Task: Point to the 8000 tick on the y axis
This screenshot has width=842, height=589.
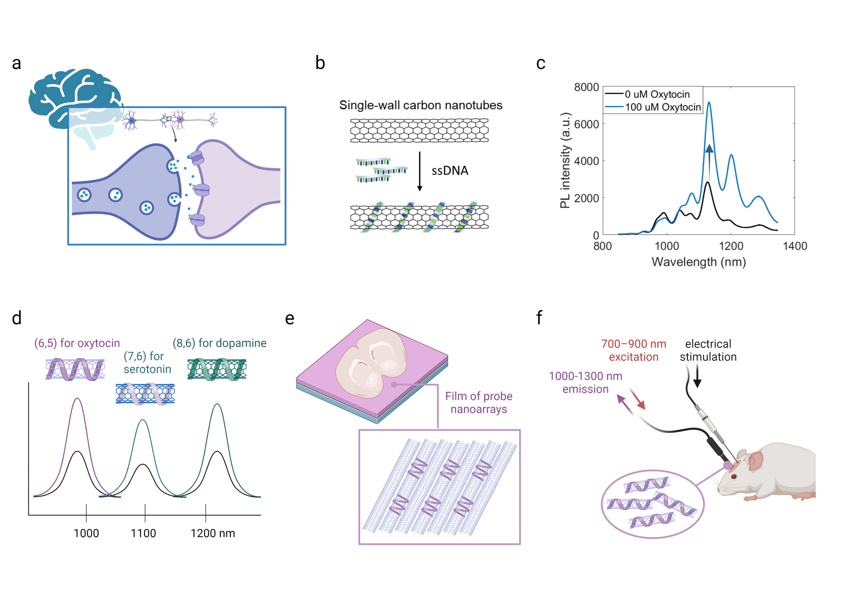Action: coord(586,87)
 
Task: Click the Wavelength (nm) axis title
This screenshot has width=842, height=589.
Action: coord(698,262)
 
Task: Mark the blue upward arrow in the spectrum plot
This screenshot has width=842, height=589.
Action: coord(709,161)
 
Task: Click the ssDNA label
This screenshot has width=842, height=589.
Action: coord(450,171)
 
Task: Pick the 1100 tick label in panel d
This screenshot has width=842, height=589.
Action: coord(143,533)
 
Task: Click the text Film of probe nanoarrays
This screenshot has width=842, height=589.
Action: coord(479,402)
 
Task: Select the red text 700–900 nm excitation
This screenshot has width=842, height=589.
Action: coord(633,350)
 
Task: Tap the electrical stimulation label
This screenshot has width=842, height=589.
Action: coord(708,350)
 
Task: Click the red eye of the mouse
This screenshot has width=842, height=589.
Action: coord(734,477)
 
